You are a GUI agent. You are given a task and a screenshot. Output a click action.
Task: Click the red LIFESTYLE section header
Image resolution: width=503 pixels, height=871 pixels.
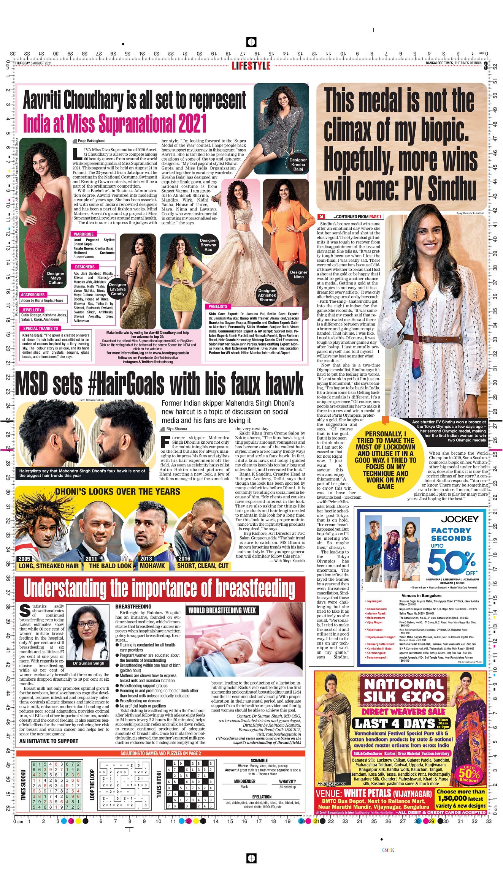pos(251,66)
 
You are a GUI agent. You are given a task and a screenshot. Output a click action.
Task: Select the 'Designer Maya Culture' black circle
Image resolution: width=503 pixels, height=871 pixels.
pos(56,278)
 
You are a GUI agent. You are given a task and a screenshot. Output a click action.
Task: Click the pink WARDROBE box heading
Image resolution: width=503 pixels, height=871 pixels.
pos(84,234)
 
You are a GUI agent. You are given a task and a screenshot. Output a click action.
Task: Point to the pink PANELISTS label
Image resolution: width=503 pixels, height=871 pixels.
pos(218,306)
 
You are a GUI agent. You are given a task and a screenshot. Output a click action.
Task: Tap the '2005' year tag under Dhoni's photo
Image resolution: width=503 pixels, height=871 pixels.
pos(24,558)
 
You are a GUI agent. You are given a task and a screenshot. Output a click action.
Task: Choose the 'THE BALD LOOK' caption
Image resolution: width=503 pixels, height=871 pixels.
pos(110,566)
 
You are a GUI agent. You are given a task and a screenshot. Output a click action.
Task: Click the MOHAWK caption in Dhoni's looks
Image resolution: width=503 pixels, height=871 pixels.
pos(152,566)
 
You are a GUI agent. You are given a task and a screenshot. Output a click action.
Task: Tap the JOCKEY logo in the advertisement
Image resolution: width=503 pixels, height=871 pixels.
pos(459,519)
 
